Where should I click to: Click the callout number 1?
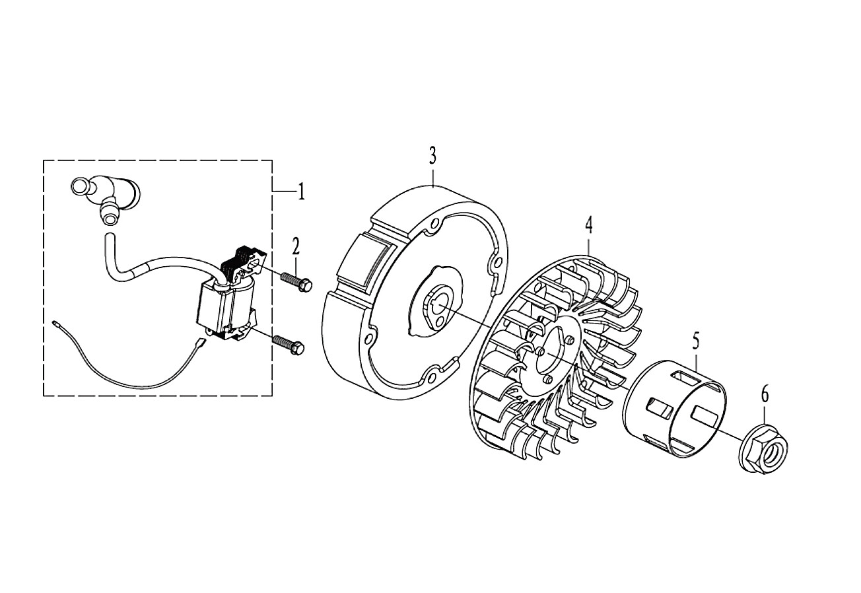pyautogui.click(x=301, y=191)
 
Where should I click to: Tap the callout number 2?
pyautogui.click(x=295, y=246)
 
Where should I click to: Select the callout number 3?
pyautogui.click(x=432, y=157)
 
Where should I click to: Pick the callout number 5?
pyautogui.click(x=697, y=341)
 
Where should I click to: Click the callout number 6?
pyautogui.click(x=765, y=395)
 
